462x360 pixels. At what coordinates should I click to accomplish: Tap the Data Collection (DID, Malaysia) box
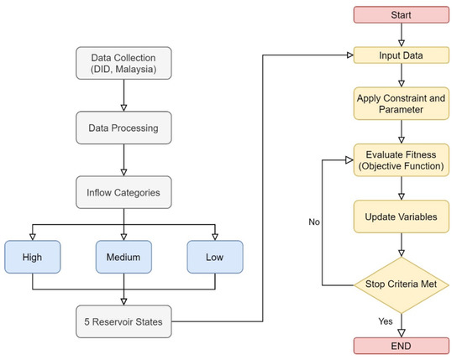point(124,63)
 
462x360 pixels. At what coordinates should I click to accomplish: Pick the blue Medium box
point(124,258)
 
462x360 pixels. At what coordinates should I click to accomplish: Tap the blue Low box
point(214,258)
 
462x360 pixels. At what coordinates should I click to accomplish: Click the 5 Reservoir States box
point(124,321)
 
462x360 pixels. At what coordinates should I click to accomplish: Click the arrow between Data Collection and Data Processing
point(124,97)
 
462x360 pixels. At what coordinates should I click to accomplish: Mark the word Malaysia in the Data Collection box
point(141,70)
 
